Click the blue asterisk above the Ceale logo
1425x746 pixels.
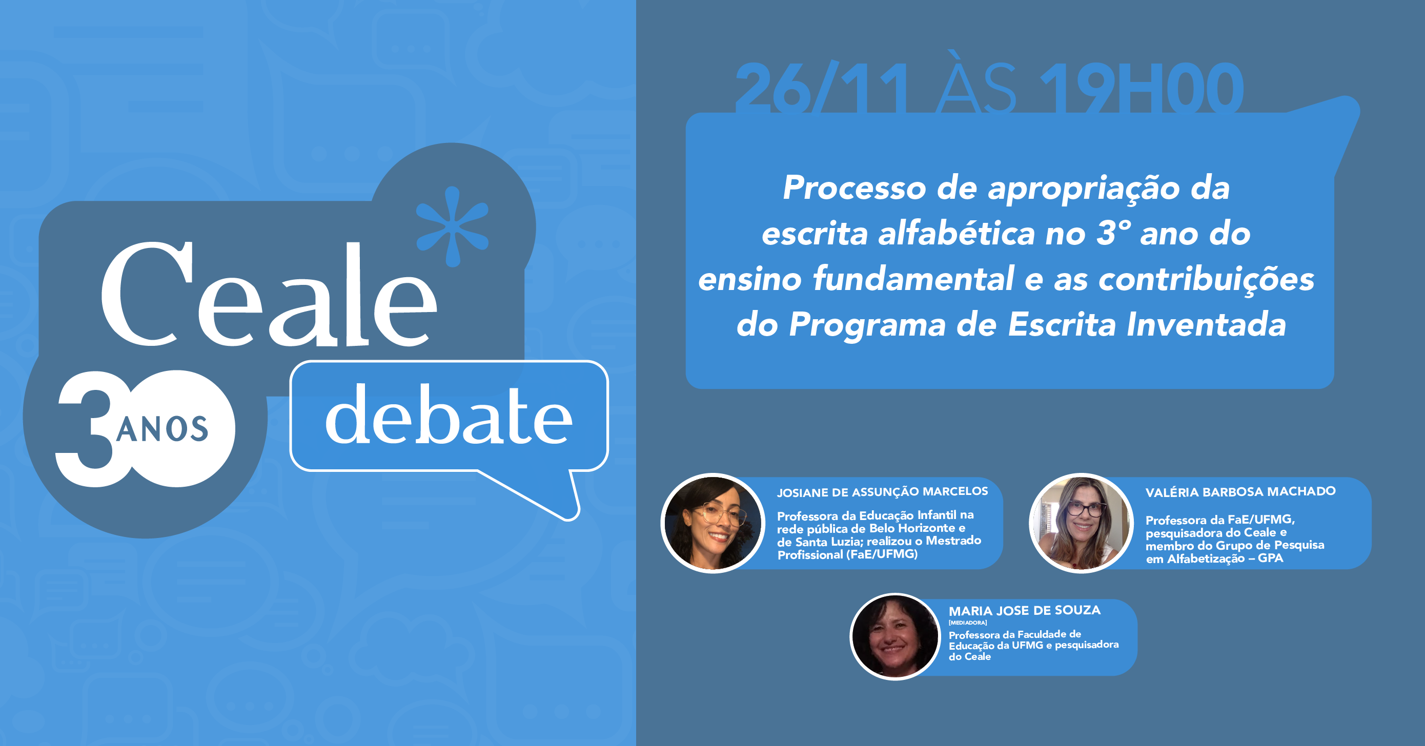(x=453, y=227)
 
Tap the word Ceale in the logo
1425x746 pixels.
(x=269, y=295)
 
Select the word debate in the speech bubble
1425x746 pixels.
(x=449, y=415)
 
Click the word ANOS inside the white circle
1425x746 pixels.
(x=162, y=429)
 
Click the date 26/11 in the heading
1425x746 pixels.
(x=821, y=89)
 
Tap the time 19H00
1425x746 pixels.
(x=1142, y=89)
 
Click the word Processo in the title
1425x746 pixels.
(x=854, y=188)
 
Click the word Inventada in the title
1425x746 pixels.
(x=1207, y=324)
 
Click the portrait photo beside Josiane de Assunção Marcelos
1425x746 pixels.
(x=712, y=523)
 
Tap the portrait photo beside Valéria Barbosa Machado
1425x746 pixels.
(x=1081, y=523)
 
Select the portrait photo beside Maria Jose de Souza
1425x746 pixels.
(x=895, y=636)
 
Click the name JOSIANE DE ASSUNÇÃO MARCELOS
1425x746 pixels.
(x=882, y=492)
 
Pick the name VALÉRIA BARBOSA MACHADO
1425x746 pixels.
(x=1240, y=492)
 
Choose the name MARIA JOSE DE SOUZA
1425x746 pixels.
(x=1025, y=611)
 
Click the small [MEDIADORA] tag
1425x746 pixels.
(x=968, y=623)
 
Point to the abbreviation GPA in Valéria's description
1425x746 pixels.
(x=1270, y=558)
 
